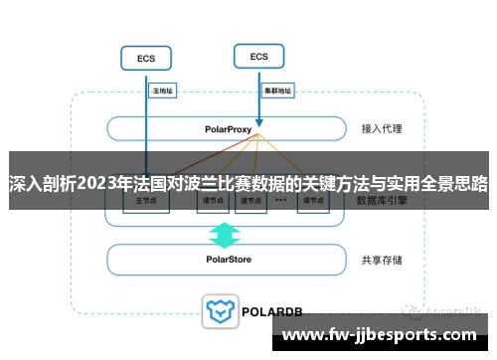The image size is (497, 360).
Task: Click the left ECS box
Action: pyautogui.click(x=146, y=59)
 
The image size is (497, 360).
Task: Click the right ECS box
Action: pyautogui.click(x=258, y=57)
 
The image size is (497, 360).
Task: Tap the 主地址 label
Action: pyautogui.click(x=161, y=90)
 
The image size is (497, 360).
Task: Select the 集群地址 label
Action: pyautogui.click(x=277, y=90)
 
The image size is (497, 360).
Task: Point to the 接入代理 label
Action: pyautogui.click(x=381, y=129)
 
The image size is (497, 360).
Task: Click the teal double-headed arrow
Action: pyautogui.click(x=225, y=235)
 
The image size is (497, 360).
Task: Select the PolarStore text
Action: pyautogui.click(x=230, y=260)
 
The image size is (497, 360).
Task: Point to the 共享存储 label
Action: pyautogui.click(x=382, y=260)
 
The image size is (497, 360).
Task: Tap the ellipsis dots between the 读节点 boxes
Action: pyautogui.click(x=280, y=199)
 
